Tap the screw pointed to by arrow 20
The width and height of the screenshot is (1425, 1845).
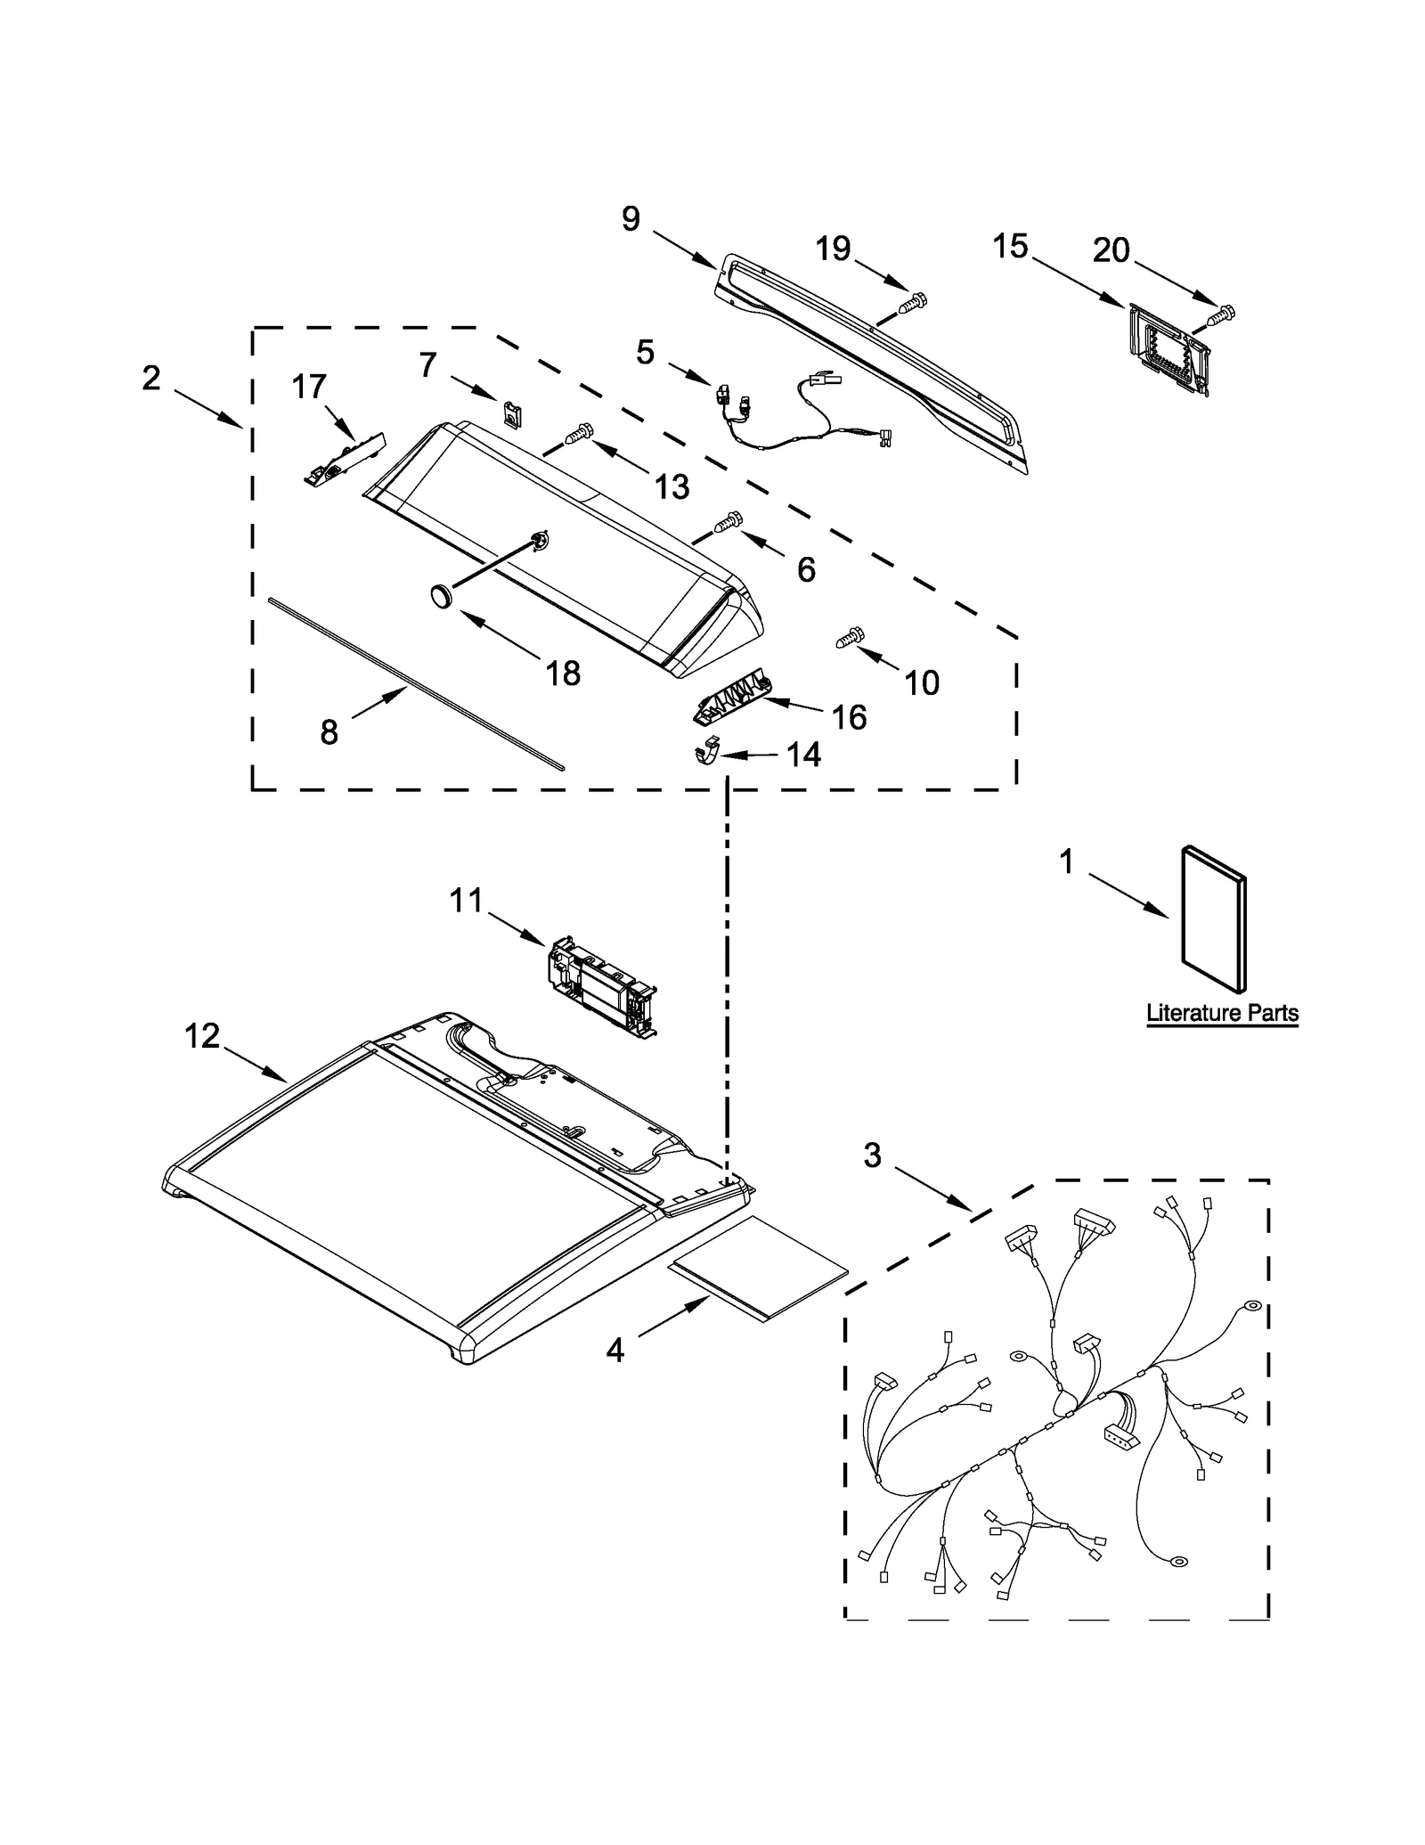point(1221,314)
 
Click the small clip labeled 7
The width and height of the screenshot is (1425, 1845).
point(511,414)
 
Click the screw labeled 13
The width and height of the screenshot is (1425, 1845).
point(577,435)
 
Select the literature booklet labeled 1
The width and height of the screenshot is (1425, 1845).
point(1212,918)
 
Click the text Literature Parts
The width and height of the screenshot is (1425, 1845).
point(1221,1013)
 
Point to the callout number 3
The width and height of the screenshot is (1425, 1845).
point(871,1155)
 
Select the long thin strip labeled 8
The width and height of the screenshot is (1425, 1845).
point(415,683)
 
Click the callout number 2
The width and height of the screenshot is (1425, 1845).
point(151,378)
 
